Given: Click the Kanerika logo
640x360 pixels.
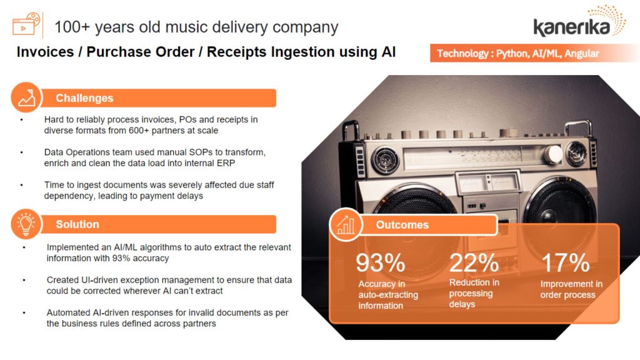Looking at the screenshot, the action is coord(579,22).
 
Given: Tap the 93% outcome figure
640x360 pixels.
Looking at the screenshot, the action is coord(380,262).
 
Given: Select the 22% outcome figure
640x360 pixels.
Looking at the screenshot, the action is coord(474,262).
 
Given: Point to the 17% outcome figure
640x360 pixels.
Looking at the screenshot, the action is coord(565,262).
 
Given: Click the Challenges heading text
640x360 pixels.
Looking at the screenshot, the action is coord(84,98).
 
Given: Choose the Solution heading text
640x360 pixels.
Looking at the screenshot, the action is coord(77,224).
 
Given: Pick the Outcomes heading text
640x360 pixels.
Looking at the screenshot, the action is coord(402,225).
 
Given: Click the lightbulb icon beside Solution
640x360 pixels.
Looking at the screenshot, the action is coord(26,224).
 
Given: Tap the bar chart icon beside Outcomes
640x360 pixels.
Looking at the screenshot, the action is coord(346,224).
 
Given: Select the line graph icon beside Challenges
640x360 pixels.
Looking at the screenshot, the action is coord(26,98).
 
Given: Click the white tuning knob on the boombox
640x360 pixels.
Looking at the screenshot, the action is coord(554,154).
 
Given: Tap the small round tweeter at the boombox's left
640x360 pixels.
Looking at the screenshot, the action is coord(384,159).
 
